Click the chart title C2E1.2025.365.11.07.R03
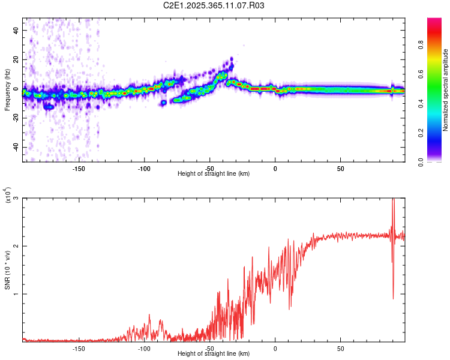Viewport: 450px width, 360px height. pos(214,5)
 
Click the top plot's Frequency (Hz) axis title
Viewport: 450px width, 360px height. pos(8,90)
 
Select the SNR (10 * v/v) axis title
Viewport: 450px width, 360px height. pos(8,270)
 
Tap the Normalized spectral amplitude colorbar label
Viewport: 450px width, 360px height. pos(446,90)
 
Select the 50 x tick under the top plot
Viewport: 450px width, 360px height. pos(340,168)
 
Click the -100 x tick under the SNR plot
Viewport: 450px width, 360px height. pos(144,348)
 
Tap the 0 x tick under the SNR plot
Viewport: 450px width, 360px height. pos(275,348)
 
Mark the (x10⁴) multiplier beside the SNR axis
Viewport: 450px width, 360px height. pos(8,196)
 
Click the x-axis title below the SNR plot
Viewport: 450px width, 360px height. pos(214,354)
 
